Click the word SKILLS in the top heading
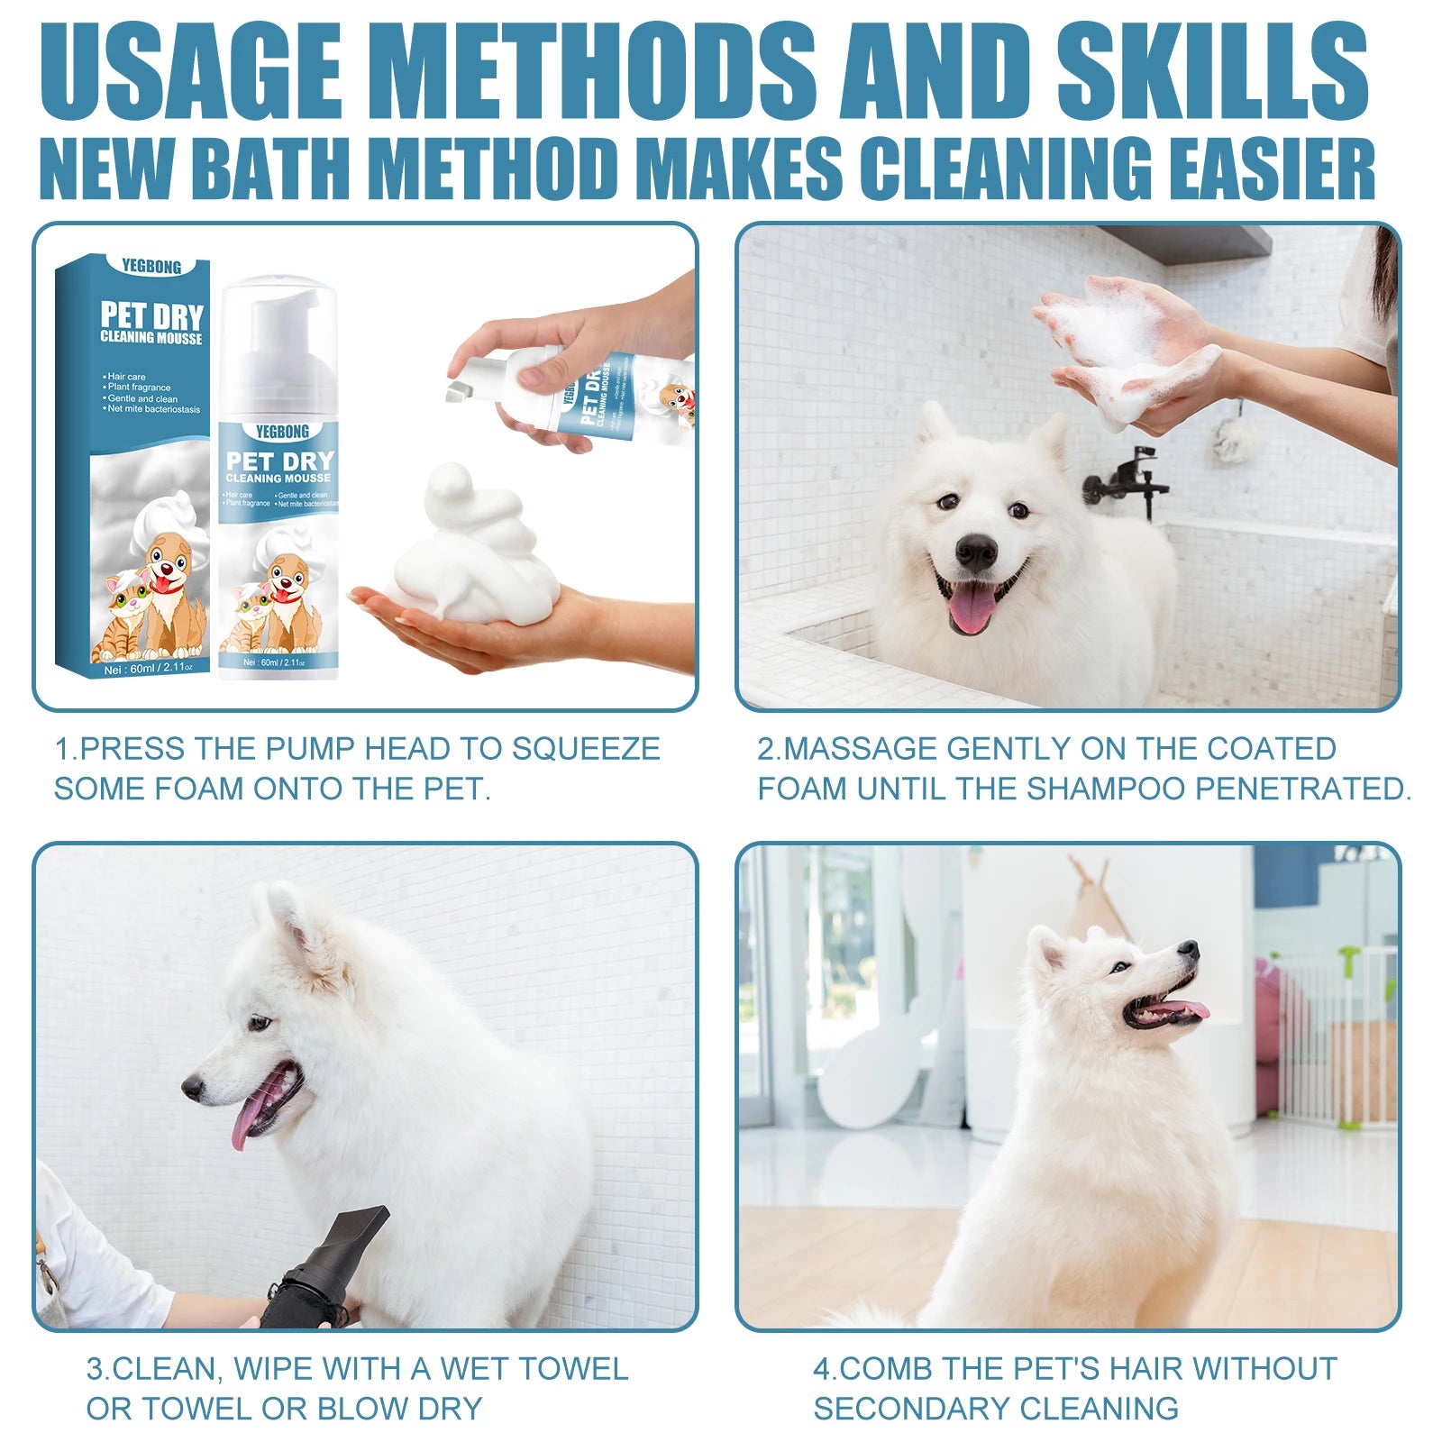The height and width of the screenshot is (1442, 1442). (1212, 70)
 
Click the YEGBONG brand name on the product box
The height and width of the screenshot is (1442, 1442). (151, 267)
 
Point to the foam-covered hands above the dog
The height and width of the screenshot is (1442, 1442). (1127, 347)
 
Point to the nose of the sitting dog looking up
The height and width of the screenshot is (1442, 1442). (1190, 948)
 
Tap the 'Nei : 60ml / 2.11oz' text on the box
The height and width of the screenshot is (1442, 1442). (143, 670)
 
